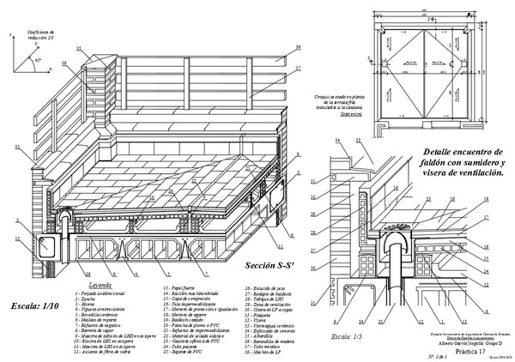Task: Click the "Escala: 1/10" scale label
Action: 39,305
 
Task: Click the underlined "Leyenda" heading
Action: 100,286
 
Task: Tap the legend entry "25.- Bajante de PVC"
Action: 184,351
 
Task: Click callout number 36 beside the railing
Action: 299,47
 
